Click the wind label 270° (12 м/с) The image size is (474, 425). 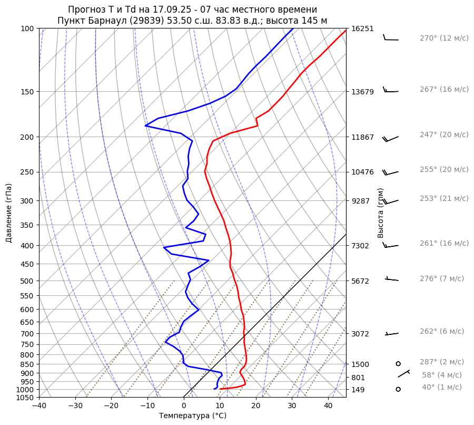(443, 38)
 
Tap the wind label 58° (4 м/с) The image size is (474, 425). (441, 375)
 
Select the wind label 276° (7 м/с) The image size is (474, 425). (441, 278)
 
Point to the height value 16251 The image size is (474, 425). (362, 28)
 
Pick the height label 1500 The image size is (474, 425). (360, 364)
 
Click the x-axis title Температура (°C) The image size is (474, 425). (193, 416)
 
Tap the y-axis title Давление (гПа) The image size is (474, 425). (8, 213)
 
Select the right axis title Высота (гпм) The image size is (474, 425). (381, 213)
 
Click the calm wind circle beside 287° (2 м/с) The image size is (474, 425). (398, 363)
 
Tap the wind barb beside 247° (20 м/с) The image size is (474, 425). (390, 138)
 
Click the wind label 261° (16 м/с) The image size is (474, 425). (443, 244)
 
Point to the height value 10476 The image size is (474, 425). (362, 172)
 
